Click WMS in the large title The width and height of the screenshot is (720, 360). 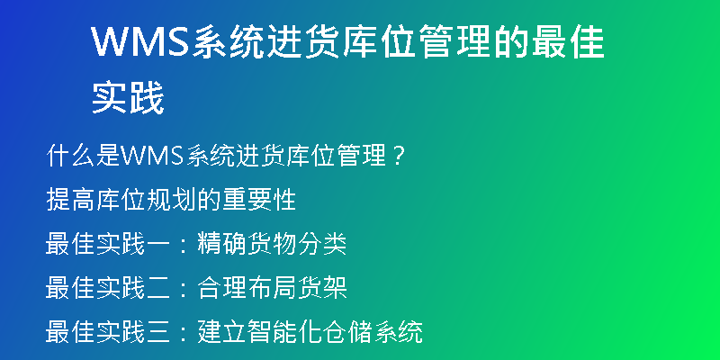click(x=140, y=41)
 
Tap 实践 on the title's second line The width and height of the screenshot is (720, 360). click(x=128, y=97)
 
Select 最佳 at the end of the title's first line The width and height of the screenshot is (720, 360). click(x=568, y=41)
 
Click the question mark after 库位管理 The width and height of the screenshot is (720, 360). click(x=399, y=157)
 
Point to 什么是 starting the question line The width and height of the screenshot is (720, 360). click(x=84, y=157)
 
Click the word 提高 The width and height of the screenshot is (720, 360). click(x=71, y=200)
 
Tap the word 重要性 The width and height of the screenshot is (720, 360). click(x=259, y=200)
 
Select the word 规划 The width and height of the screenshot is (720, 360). click(x=171, y=200)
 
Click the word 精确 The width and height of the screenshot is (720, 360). click(x=222, y=244)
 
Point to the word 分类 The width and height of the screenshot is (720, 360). click(x=322, y=244)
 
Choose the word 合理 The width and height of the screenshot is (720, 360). click(x=222, y=288)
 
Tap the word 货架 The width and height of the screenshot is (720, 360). click(x=322, y=288)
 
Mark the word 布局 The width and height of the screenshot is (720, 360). click(x=272, y=288)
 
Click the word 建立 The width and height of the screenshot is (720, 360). click(x=222, y=332)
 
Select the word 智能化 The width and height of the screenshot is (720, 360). click(x=284, y=332)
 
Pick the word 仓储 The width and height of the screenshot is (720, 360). click(x=347, y=332)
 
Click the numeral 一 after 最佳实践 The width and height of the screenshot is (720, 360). click(x=159, y=244)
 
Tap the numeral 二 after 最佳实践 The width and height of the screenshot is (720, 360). click(x=159, y=288)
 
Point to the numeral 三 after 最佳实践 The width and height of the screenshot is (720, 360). click(x=159, y=332)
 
